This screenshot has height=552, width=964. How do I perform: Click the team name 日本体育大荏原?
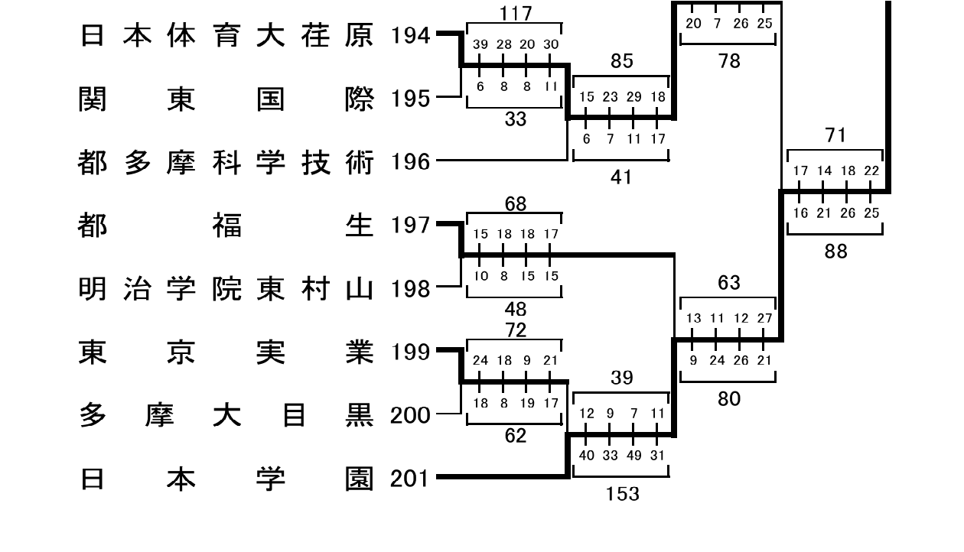pos(226,35)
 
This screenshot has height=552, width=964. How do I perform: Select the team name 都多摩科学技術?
pos(226,163)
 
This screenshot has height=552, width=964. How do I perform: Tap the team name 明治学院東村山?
pos(226,288)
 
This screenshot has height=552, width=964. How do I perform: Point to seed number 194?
pos(410,35)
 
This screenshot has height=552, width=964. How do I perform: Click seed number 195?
pos(410,99)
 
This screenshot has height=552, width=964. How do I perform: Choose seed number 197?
pos(410,225)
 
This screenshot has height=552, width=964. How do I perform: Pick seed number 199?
pos(410,352)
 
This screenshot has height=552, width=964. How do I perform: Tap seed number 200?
pos(410,415)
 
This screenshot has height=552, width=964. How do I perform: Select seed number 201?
pos(409,479)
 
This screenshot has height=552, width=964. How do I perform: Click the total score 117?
pos(516,13)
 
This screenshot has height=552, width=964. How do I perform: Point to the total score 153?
pos(622,494)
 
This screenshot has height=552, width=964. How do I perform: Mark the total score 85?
pos(622,61)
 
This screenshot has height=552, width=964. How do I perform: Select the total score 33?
pos(516,119)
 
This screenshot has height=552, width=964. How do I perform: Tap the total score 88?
pos(835,252)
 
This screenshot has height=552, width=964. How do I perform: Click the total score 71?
pos(835,135)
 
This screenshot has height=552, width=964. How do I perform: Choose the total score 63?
pos(729,283)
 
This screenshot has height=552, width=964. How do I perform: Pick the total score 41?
pos(621,177)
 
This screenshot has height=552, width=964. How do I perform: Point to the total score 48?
pos(516,309)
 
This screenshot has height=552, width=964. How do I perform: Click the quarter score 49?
pos(634,455)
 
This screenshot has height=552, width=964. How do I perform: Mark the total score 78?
pos(729,61)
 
